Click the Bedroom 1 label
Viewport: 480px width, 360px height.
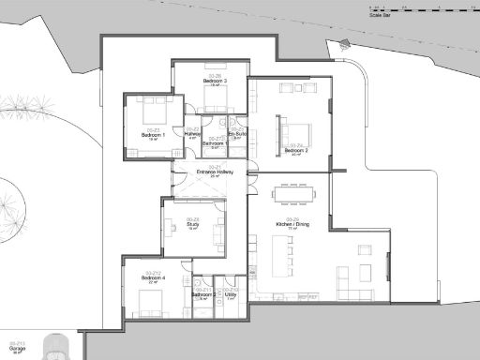[153, 135]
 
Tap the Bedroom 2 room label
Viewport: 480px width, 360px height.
[296, 150]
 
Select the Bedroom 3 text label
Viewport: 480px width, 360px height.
[215, 81]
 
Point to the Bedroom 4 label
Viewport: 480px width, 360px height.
[153, 278]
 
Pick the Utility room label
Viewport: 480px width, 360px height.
[231, 293]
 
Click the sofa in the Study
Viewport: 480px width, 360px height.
[220, 231]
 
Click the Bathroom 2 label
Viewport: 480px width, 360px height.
[203, 293]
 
